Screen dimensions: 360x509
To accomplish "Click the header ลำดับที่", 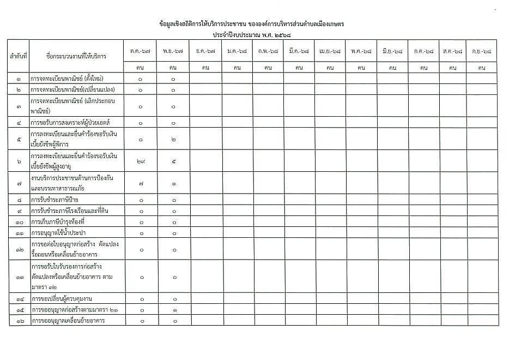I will tap(19, 56).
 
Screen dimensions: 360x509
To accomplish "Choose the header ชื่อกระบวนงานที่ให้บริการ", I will tap(76, 56).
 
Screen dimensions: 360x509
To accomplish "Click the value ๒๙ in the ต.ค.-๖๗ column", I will tap(141, 161).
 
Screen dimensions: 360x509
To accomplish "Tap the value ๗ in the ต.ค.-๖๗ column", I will tap(141, 183).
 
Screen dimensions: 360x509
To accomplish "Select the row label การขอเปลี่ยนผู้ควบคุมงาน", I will tap(66, 299).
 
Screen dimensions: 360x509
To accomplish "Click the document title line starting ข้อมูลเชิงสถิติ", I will tap(252, 25).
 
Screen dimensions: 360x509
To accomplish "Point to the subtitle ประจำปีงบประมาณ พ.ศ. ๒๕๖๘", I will tap(252, 34).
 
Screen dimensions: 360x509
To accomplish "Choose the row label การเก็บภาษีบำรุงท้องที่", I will tap(62, 222).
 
